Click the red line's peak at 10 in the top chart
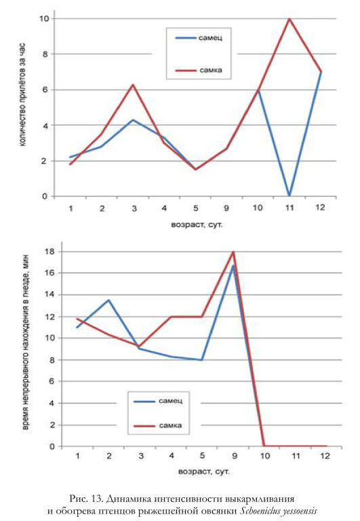coord(289,18)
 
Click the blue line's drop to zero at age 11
coord(289,195)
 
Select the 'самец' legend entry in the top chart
coord(199,38)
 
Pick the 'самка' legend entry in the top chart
coord(199,70)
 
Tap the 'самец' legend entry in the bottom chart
coord(158,401)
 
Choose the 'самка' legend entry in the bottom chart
coord(158,425)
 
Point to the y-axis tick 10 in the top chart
coord(44,18)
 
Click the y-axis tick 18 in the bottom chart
coord(49,252)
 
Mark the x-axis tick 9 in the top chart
coord(226,208)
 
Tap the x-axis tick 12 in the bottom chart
coord(325,456)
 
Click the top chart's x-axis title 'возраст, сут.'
coord(197,225)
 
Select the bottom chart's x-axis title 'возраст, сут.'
coord(204,471)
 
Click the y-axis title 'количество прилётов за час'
coord(22,95)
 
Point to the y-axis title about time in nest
coord(26,342)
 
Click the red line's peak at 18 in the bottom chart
coord(233,252)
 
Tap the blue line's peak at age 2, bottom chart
coord(108,300)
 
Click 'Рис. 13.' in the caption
coord(86,499)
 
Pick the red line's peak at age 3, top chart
coord(133,85)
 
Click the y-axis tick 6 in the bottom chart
coord(52,381)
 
